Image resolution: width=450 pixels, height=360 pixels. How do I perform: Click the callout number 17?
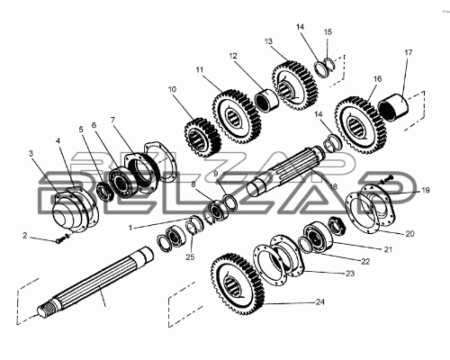point(409,52)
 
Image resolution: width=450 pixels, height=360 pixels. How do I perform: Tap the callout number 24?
point(320,301)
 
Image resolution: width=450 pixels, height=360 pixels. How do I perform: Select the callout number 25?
point(190,257)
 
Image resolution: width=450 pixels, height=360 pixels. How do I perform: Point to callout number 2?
point(24,236)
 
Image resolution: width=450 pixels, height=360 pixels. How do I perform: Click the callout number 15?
point(328,31)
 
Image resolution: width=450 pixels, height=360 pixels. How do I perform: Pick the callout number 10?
point(172,89)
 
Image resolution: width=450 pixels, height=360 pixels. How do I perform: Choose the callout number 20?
point(409,233)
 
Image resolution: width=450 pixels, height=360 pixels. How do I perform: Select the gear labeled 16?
point(361,124)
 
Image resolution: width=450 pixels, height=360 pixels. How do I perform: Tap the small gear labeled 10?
point(202,138)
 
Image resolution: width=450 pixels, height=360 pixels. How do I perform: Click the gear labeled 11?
point(237,116)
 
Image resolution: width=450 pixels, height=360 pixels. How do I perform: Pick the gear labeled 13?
point(294,87)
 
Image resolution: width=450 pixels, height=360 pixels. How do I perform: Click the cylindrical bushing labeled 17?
point(393,107)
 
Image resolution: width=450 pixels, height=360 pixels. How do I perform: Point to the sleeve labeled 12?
point(266,100)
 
